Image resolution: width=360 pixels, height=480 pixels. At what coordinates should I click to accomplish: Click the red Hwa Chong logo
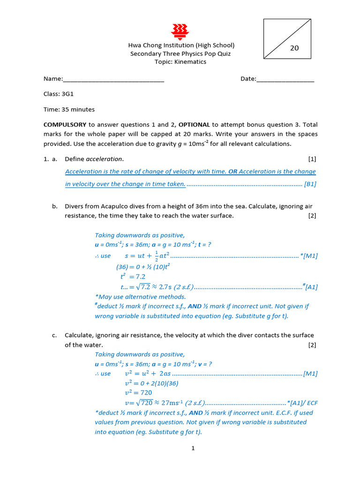coord(180,30)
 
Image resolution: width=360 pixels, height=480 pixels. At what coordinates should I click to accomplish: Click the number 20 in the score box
coord(294,48)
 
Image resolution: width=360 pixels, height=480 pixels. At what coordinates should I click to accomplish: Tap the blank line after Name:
coord(113,79)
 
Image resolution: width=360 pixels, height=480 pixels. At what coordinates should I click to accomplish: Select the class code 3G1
coord(67,94)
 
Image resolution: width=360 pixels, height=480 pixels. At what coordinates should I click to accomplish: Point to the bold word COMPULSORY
coord(65,125)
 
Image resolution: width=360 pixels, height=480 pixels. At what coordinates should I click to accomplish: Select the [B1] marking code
coord(310,184)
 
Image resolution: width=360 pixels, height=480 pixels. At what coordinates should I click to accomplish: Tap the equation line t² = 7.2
coord(133,277)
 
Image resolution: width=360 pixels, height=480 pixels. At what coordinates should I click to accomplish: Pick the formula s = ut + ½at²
coord(147,256)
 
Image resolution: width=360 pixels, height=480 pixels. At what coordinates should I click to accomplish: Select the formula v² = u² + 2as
coord(148,374)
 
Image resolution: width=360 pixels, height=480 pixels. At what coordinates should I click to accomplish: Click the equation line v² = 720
coord(138,393)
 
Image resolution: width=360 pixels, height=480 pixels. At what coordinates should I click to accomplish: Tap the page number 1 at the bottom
coord(192,448)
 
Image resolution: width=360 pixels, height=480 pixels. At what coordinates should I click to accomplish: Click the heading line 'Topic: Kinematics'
coord(180,62)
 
